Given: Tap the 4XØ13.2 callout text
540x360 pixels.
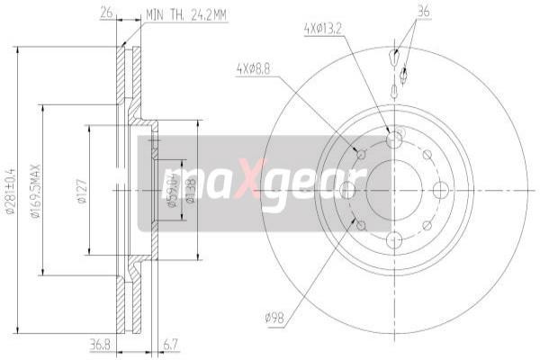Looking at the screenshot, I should [323, 29].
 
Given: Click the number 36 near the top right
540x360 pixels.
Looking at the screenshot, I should [424, 12].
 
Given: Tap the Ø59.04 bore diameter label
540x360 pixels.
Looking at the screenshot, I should [170, 190].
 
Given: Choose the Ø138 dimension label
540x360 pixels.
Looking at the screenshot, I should [189, 190].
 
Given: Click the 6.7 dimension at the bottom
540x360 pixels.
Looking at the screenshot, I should [171, 343].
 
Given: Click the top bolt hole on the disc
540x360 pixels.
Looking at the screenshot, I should [393, 139].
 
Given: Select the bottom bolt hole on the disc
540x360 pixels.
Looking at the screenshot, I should [393, 240].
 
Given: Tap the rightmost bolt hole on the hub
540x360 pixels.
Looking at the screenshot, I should [440, 190].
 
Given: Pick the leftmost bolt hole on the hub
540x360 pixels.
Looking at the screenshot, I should [346, 190].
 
